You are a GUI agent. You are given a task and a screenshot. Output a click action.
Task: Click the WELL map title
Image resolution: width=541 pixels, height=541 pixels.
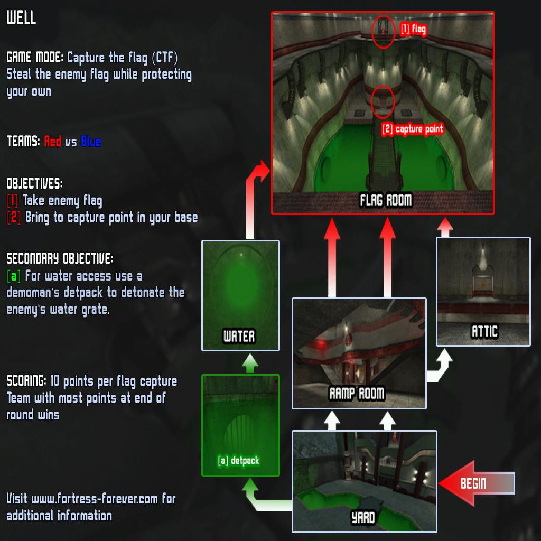(x=21, y=17)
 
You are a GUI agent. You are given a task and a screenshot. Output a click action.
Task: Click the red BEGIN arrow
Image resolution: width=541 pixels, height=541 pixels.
(x=477, y=483)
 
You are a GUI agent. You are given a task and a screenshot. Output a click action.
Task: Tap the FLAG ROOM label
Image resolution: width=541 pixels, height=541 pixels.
(x=386, y=200)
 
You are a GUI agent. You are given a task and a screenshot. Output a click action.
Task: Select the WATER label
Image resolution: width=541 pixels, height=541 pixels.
(x=239, y=336)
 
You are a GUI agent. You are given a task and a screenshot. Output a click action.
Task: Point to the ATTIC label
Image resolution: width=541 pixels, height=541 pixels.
(x=485, y=332)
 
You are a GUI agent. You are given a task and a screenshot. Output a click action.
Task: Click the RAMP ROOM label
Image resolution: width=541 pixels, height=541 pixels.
(x=357, y=393)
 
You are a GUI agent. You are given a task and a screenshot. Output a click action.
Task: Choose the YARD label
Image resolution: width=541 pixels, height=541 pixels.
(x=363, y=518)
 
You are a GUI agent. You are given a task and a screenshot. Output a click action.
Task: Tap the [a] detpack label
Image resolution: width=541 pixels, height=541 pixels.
(x=238, y=460)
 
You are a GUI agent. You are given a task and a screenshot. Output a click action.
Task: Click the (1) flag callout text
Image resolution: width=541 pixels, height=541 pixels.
(x=413, y=30)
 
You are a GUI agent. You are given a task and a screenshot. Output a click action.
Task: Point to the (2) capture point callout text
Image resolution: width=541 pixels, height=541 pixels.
(x=412, y=129)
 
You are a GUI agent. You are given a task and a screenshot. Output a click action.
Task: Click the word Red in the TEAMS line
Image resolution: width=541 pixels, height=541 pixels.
(x=53, y=141)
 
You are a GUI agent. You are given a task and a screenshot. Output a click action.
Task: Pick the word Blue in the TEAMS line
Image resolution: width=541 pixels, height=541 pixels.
(x=91, y=141)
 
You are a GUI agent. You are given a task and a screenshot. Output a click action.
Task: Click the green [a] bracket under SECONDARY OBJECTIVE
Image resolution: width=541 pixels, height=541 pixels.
(x=14, y=276)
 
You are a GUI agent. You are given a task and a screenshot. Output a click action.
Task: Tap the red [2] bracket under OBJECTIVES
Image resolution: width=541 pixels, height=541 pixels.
(x=14, y=217)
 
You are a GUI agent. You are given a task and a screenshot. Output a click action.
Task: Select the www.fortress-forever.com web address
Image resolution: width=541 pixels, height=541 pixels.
(x=95, y=499)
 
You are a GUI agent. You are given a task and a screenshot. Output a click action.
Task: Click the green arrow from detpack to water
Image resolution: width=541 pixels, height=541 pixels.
(x=250, y=363)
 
